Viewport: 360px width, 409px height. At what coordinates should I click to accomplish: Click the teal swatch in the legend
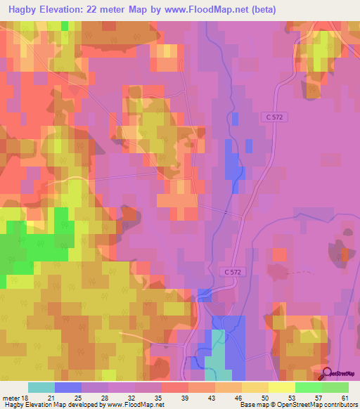pos(41,387)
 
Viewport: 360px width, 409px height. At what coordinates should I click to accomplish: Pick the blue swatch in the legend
pos(68,387)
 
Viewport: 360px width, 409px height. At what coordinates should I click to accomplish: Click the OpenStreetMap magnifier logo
pos(327,374)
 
